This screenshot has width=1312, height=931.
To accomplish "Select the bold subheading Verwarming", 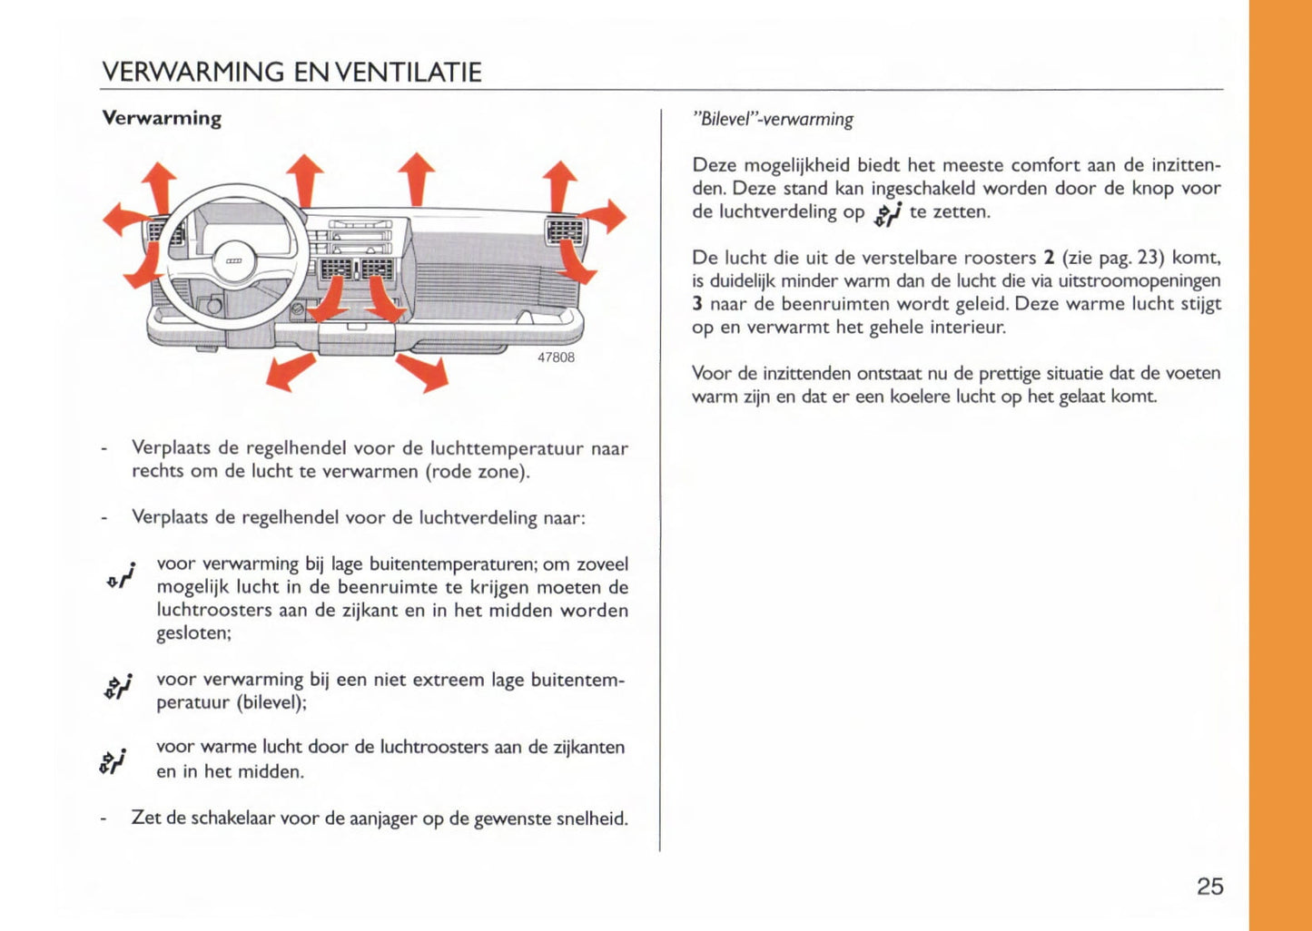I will click(x=162, y=118).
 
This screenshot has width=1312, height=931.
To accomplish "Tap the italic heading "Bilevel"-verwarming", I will click(x=773, y=119).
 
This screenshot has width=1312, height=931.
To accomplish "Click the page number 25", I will click(x=1209, y=887).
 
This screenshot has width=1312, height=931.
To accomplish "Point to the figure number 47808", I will click(x=556, y=358).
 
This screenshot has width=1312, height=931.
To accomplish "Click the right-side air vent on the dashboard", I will click(x=563, y=232).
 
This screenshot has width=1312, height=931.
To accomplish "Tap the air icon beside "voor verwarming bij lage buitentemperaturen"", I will click(x=121, y=576).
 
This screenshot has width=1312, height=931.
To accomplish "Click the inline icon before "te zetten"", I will click(x=887, y=213).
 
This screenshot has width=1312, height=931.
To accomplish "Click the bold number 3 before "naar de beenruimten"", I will click(x=697, y=304).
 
